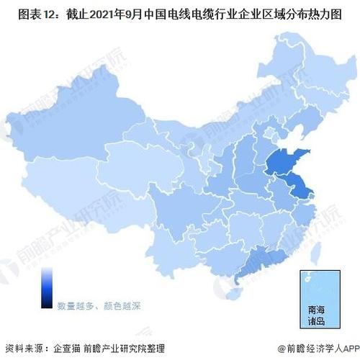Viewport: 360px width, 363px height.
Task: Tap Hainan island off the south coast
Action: click(x=232, y=295)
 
